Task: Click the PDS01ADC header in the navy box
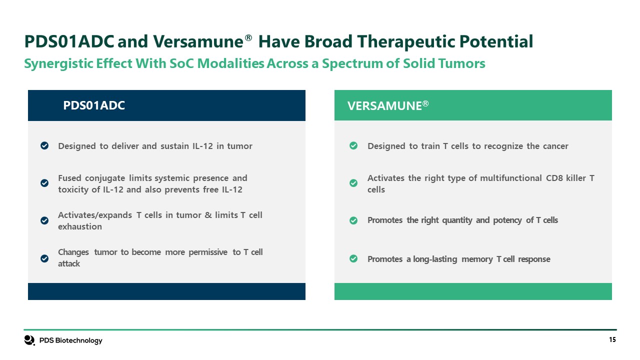[94, 105]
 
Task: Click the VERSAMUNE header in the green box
[388, 105]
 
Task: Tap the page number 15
[612, 339]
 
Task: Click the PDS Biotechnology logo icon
[29, 340]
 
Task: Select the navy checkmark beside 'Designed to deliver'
[44, 145]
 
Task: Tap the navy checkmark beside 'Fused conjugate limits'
[44, 183]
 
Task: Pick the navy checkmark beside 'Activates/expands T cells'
[44, 220]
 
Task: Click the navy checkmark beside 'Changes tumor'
[44, 258]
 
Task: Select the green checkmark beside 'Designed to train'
[353, 145]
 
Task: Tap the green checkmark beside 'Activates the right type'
[353, 183]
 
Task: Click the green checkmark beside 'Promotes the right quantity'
[353, 220]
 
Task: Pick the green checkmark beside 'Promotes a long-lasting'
[353, 258]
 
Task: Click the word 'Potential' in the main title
[496, 41]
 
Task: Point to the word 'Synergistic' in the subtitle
[58, 63]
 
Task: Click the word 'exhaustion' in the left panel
[80, 226]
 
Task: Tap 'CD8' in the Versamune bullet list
[554, 178]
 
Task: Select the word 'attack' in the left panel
[69, 263]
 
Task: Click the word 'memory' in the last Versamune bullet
[477, 259]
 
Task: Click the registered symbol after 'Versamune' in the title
[248, 38]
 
